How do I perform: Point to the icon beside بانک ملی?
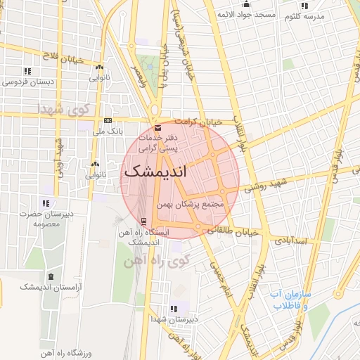click(108, 120)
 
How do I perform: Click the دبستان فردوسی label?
click(30, 82)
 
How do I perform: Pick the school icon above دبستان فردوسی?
click(27, 71)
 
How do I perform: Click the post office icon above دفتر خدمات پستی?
click(157, 128)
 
